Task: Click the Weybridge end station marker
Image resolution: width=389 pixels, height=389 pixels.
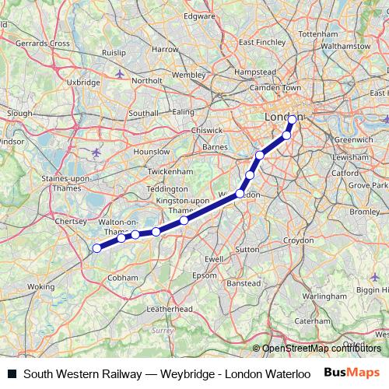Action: pos(96,248)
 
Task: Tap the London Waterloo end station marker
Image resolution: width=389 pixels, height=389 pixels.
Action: pos(293,119)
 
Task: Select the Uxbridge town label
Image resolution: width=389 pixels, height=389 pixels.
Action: pos(84,82)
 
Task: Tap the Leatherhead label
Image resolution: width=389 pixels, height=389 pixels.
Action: pos(169,309)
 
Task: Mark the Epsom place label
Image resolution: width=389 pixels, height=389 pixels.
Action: pos(205,275)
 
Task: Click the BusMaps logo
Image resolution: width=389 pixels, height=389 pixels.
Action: pos(352,373)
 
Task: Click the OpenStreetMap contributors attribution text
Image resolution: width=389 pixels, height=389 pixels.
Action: pos(321,349)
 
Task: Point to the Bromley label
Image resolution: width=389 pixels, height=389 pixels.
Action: pos(364,212)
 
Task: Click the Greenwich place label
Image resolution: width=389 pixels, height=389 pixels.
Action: pos(354,140)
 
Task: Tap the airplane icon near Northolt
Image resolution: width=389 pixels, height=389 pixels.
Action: pos(119,73)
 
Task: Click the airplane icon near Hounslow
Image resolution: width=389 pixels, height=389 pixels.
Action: pos(96,152)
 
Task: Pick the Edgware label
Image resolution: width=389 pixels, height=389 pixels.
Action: pos(199,16)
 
